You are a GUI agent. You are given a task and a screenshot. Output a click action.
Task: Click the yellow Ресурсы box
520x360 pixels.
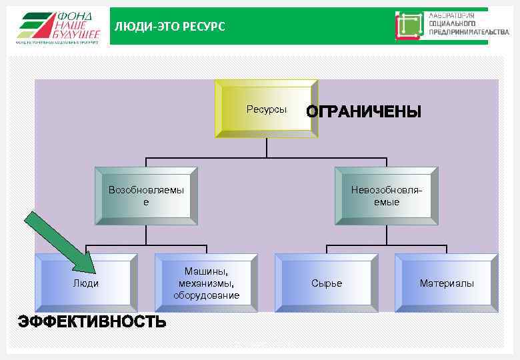pos(266,109)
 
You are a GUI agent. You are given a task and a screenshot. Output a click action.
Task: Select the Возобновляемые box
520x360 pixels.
pos(146,195)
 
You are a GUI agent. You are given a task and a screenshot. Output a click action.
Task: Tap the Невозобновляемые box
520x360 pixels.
pos(387,195)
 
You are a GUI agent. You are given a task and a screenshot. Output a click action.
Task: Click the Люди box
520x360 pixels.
pos(86,283)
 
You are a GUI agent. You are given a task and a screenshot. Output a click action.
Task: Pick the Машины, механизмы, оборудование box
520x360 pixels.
pos(206,283)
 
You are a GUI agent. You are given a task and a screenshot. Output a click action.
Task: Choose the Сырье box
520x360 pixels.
pos(327,283)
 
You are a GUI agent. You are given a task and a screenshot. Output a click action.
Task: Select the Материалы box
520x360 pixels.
pos(447,283)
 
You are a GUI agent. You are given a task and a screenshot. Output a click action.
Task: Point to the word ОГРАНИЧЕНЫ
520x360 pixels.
pos(363,112)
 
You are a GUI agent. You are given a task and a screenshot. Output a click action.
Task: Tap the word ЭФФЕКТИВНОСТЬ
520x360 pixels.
pos(92,322)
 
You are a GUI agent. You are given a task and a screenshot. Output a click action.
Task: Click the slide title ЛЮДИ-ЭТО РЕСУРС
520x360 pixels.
pos(170,27)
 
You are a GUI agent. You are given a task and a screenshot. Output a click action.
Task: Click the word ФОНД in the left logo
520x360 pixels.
pos(75,16)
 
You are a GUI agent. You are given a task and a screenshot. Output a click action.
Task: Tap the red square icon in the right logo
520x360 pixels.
pos(409,25)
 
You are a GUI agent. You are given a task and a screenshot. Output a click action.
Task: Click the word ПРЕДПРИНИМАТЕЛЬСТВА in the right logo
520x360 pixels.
pos(469,31)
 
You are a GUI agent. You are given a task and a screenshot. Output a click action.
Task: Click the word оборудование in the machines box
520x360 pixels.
pos(206,295)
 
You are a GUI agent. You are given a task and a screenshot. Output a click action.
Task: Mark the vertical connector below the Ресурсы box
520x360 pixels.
pos(266,147)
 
